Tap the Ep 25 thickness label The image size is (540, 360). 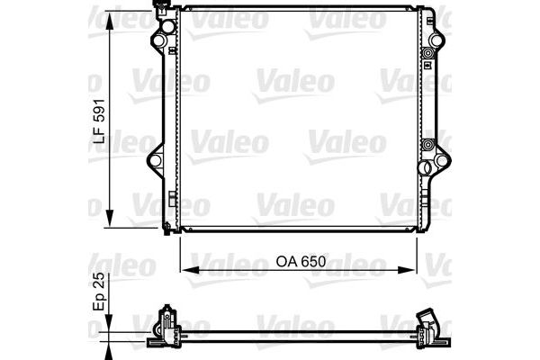pyautogui.click(x=101, y=293)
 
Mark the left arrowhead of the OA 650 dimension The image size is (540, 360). pyautogui.click(x=185, y=267)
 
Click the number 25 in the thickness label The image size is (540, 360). pyautogui.click(x=101, y=283)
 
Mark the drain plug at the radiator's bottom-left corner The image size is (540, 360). pyautogui.click(x=168, y=226)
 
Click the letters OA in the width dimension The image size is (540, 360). pyautogui.click(x=284, y=262)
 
